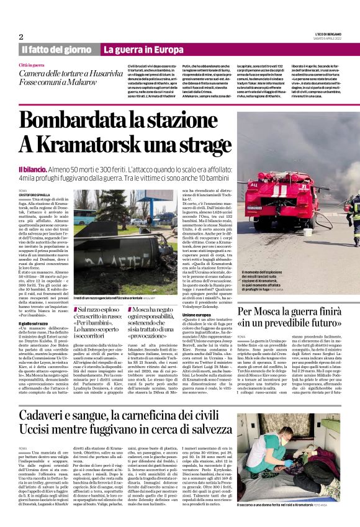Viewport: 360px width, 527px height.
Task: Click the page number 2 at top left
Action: pos(20,37)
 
